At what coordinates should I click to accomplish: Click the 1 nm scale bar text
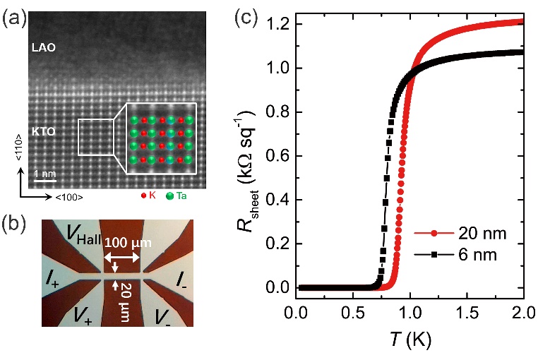(46, 173)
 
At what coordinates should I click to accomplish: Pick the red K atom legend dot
(145, 195)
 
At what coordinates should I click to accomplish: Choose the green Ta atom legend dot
(169, 195)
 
